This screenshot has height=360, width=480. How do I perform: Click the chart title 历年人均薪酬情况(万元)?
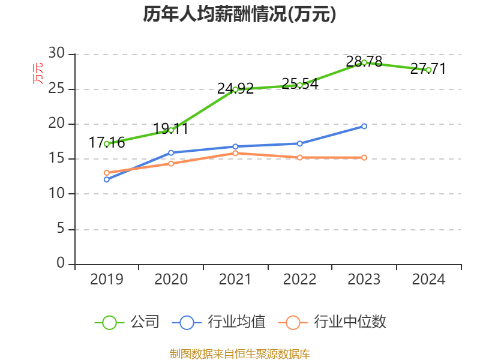pos(239,14)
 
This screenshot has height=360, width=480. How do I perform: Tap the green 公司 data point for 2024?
pos(428,70)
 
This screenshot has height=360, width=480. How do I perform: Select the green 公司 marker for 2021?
pos(235,89)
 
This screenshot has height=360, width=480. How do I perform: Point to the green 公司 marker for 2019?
pos(106,144)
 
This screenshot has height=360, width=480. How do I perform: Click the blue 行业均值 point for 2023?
pos(364,126)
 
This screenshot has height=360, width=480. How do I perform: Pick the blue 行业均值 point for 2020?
pos(171,152)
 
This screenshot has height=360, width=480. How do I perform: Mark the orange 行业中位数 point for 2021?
pos(235,153)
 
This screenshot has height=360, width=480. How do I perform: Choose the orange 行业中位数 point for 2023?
pos(364,157)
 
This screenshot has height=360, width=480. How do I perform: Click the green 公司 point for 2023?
pos(364,62)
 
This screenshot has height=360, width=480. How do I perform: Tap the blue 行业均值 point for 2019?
pos(106,179)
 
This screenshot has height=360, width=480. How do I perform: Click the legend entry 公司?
pos(128,322)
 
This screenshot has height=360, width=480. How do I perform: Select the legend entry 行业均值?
pos(219,322)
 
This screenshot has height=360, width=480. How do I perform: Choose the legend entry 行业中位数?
pos(333,322)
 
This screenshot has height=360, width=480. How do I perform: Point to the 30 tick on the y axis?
pos(56,54)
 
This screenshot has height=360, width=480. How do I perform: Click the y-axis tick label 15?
pos(56,159)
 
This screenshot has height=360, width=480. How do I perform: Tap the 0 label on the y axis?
pos(60,263)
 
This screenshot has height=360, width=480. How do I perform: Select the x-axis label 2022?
pos(299,280)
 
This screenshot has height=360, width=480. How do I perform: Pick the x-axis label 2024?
pos(428,280)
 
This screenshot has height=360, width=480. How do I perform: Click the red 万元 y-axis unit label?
pos(38,73)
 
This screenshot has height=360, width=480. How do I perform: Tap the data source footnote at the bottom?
pos(239,353)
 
